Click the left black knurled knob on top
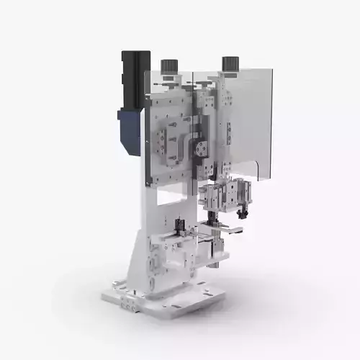pyautogui.click(x=168, y=66)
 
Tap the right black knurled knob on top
pyautogui.click(x=230, y=63)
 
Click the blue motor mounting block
pyautogui.click(x=130, y=130)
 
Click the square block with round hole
pyautogui.click(x=200, y=148)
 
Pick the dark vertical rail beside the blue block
pyautogui.click(x=146, y=140)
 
